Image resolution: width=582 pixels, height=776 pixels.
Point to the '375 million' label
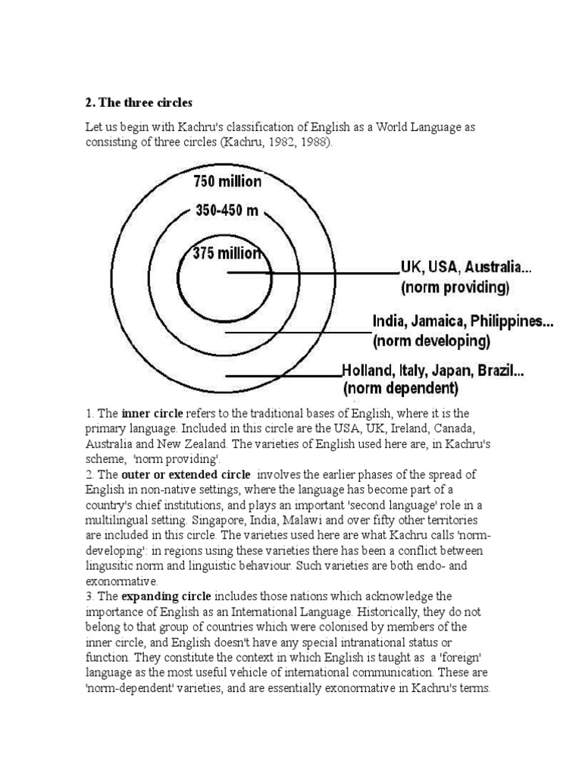point(227,254)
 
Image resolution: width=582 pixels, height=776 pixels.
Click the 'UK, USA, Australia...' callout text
point(461,268)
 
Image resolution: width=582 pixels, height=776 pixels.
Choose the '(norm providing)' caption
point(455,288)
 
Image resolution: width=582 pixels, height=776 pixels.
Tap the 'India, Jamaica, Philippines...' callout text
point(462,321)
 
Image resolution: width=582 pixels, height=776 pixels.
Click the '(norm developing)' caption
point(431,342)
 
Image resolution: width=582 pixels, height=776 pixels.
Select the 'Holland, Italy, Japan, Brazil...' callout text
point(433,372)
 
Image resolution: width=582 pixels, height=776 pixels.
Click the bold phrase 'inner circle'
point(152,414)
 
